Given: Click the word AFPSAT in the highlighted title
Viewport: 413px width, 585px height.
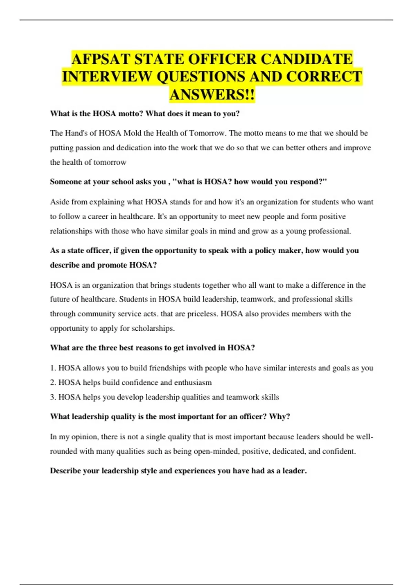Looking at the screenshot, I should click(101, 59).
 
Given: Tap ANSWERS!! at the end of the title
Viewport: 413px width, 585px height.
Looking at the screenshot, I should click(212, 95).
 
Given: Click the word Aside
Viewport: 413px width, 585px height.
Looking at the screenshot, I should click(60, 202).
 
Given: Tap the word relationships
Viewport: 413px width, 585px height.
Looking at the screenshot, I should click(71, 231).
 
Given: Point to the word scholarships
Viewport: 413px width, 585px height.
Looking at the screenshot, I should click(152, 329).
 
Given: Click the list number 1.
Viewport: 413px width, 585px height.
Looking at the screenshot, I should click(53, 368).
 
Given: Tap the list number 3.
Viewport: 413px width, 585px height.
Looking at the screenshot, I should click(53, 397).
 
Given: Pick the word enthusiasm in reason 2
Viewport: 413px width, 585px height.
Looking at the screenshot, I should click(193, 383).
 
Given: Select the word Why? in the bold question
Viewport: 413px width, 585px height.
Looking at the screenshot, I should click(279, 417).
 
